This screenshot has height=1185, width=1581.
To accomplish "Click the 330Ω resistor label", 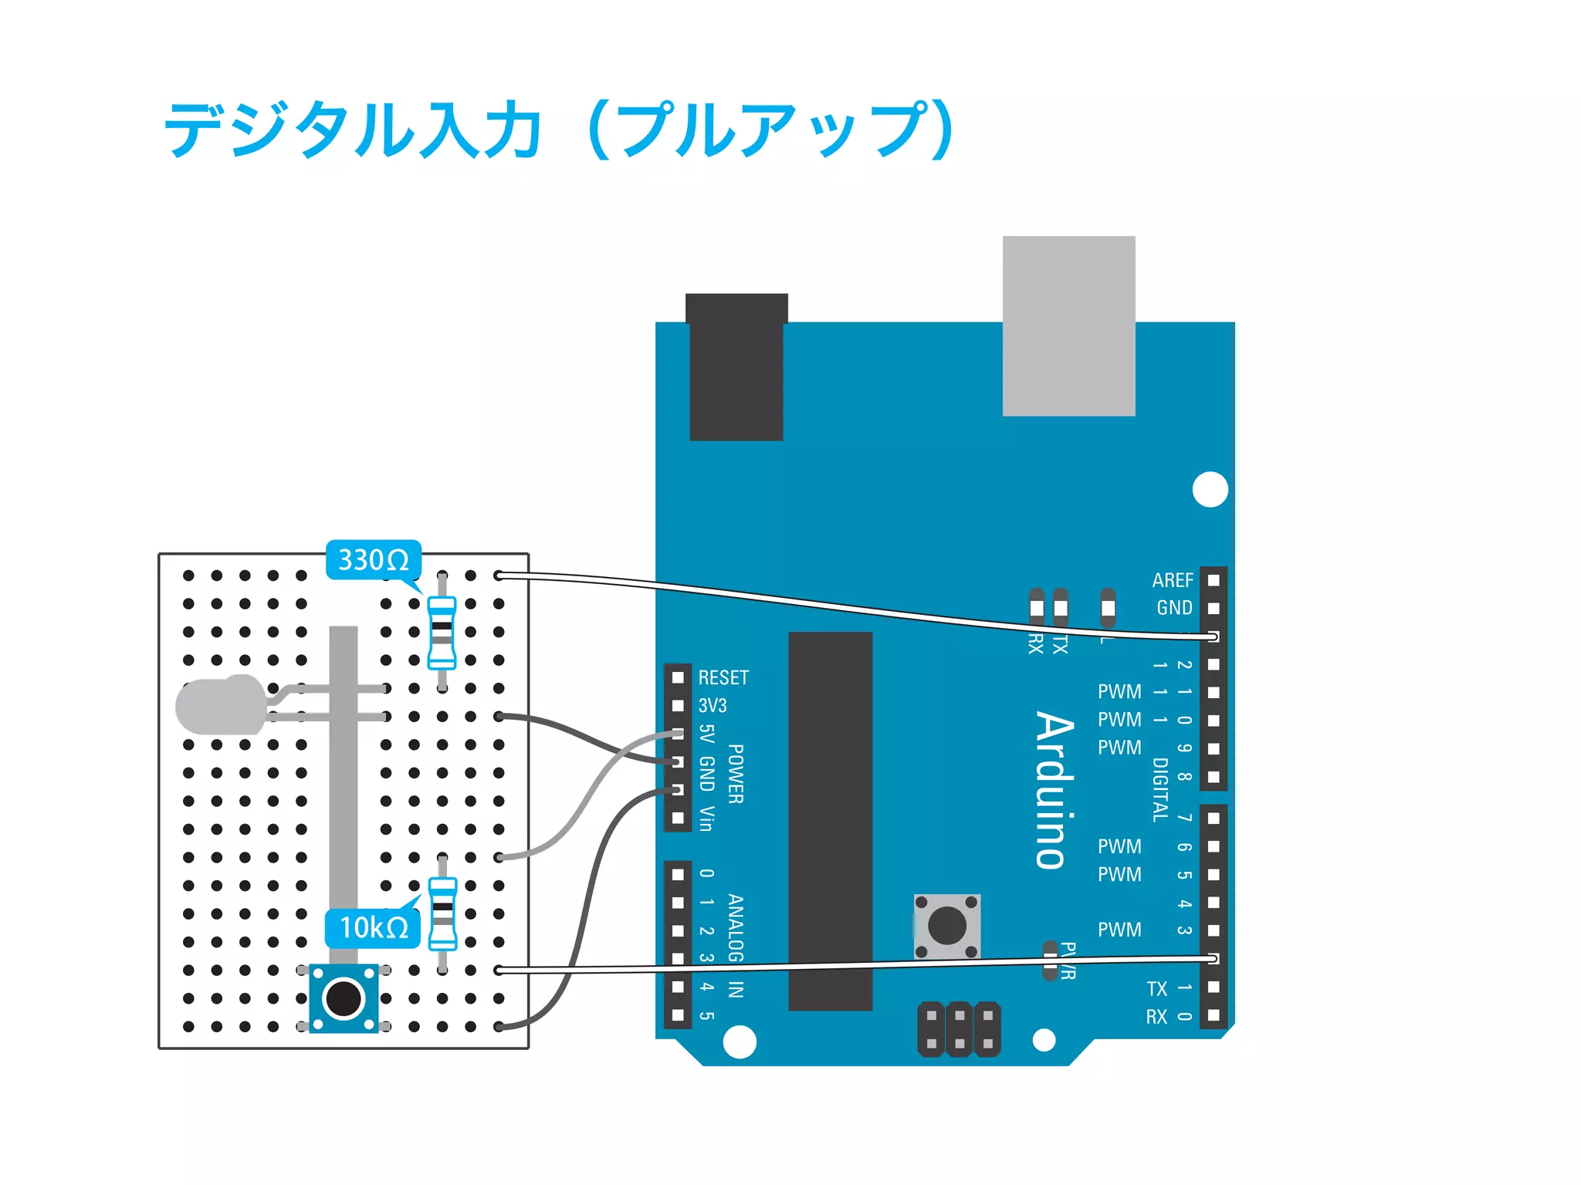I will point(374,560).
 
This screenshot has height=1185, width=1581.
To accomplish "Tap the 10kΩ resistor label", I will point(374,927).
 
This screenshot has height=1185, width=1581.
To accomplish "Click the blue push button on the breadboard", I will point(344,998).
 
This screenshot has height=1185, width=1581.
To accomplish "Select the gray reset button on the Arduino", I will point(947,926).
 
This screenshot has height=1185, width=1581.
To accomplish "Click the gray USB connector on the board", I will point(1068,326).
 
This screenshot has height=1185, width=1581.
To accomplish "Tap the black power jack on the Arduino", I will point(736,367).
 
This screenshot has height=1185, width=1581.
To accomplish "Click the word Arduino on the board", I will point(1055,790).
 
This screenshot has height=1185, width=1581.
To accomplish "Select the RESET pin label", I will point(723,678).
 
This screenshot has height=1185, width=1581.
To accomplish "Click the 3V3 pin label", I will point(713,706).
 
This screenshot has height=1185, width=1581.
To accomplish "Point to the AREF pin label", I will point(1173,580).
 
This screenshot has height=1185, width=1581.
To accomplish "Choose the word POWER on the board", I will point(736,774).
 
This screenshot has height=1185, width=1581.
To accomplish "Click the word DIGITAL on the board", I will point(1160,790).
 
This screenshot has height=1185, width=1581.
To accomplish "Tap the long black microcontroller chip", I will point(830,821).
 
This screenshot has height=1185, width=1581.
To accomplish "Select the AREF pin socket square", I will point(1214,580).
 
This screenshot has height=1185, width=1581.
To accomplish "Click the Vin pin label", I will point(706,819).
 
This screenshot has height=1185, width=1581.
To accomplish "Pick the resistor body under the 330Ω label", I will point(442,632).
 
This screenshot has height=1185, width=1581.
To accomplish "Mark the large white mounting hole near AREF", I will point(1210,489).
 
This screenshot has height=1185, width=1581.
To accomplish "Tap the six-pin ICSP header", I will point(959,1029).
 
